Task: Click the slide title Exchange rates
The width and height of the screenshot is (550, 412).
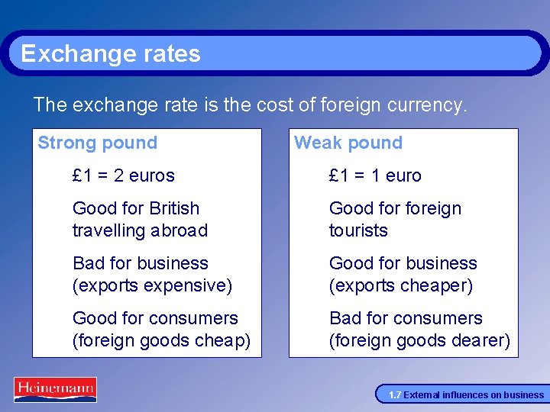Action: [x=111, y=53]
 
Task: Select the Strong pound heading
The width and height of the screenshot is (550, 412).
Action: [x=98, y=143]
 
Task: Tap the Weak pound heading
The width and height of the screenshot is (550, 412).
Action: [x=348, y=143]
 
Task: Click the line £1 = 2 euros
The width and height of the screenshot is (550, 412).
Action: [x=124, y=175]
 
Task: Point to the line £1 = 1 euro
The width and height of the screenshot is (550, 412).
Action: [x=375, y=175]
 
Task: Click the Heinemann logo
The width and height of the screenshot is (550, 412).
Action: [x=55, y=389]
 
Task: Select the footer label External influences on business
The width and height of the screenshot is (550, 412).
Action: [x=474, y=395]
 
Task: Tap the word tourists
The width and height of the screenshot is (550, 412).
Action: [x=358, y=230]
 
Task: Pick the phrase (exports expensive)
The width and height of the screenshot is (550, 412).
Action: [x=152, y=285]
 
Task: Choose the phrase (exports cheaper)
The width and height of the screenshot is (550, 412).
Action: [x=401, y=285]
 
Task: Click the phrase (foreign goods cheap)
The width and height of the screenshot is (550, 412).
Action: [x=161, y=340]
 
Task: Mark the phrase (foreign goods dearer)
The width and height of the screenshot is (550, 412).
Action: [x=419, y=340]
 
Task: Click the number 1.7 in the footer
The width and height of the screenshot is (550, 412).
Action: [x=395, y=395]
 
